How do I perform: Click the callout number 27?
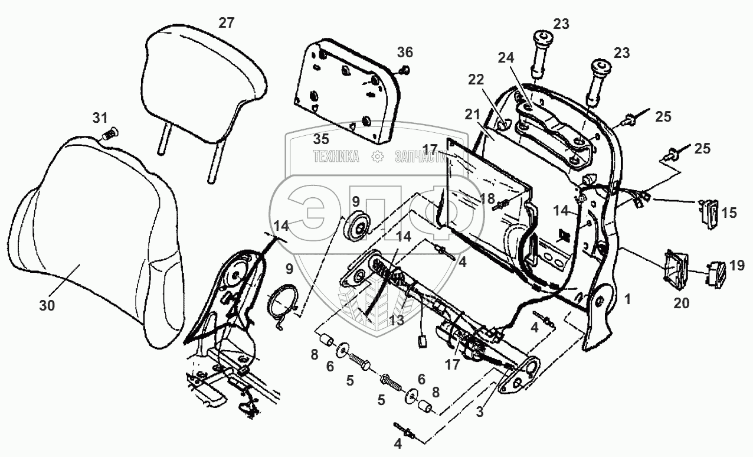pyautogui.click(x=226, y=23)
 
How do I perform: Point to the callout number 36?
pyautogui.click(x=404, y=52)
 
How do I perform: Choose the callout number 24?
pyautogui.click(x=506, y=58)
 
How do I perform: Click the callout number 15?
pyautogui.click(x=729, y=213)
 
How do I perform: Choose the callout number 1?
pyautogui.click(x=627, y=300)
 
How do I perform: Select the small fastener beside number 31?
pyautogui.click(x=108, y=134)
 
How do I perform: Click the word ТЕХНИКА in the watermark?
pyautogui.click(x=336, y=157)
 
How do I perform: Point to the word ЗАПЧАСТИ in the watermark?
pyautogui.click(x=420, y=157)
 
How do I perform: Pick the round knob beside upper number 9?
pyautogui.click(x=356, y=227)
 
